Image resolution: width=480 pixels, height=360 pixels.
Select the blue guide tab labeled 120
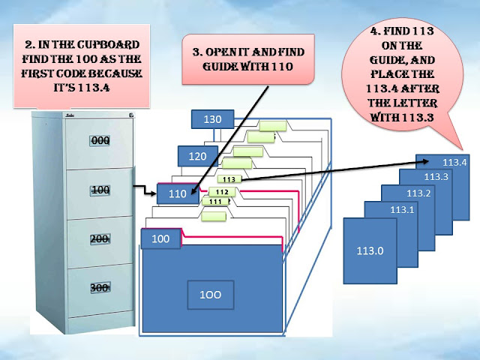(197, 156)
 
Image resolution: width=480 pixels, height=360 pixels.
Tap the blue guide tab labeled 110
(177, 193)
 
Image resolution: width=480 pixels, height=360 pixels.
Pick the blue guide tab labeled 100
(161, 238)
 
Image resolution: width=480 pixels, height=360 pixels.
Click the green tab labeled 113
(229, 179)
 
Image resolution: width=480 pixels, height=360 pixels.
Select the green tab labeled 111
(215, 202)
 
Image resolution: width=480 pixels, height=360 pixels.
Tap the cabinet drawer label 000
(100, 140)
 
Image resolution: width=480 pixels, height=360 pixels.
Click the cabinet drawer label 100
(100, 190)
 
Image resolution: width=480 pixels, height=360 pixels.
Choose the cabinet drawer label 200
(100, 238)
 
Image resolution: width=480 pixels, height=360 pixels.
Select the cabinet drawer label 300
(100, 287)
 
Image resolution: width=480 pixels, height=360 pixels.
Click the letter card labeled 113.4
(454, 162)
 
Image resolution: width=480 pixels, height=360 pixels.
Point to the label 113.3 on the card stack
(436, 176)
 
